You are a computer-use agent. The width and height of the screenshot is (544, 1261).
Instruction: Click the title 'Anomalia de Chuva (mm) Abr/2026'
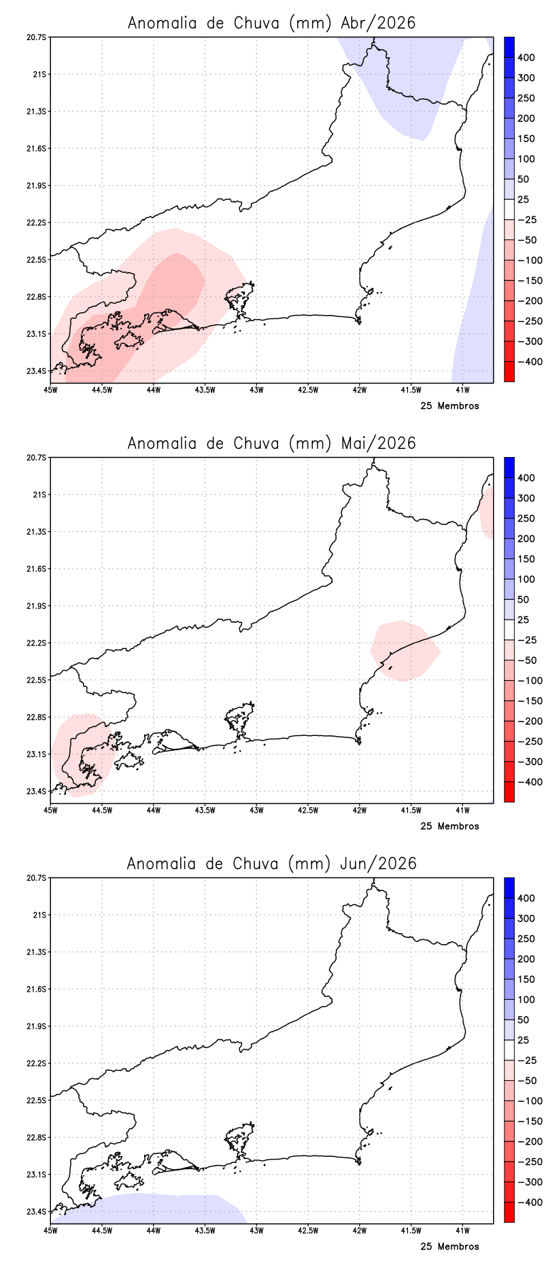click(271, 23)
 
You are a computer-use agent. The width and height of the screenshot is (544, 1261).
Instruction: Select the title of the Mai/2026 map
click(271, 443)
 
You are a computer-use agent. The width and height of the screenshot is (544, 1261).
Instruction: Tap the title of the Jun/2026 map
click(271, 864)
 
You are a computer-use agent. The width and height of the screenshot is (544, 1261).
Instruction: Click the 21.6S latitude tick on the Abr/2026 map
click(37, 148)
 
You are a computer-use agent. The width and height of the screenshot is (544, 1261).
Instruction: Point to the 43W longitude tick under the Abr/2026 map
click(256, 390)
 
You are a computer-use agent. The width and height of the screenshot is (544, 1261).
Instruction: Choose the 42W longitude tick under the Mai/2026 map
click(360, 810)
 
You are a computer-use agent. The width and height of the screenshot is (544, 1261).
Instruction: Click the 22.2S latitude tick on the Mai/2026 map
click(37, 643)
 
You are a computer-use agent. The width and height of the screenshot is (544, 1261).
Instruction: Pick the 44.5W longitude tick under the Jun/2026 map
click(102, 1230)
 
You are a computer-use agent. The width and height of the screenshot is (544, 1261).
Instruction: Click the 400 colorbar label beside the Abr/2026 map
click(526, 58)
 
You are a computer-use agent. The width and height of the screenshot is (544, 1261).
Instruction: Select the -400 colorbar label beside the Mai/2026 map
click(529, 782)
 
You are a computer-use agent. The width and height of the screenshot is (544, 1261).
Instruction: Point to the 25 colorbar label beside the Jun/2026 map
click(523, 1040)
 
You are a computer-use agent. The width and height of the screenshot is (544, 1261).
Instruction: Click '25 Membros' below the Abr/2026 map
click(449, 406)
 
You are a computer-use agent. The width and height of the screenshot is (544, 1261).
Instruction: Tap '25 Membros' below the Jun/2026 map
click(449, 1247)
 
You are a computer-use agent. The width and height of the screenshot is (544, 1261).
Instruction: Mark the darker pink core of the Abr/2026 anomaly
click(173, 286)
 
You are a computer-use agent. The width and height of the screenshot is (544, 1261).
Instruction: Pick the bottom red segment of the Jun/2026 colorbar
click(509, 1213)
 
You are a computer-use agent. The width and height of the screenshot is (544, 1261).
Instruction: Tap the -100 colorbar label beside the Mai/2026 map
click(529, 681)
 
